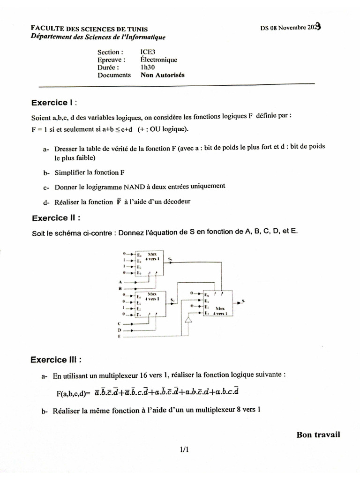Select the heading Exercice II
(56, 218)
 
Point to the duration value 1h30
(148, 67)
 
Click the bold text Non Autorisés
(163, 75)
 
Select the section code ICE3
(148, 52)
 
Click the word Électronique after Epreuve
(158, 60)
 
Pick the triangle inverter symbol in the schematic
(188, 320)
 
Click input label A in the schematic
(120, 282)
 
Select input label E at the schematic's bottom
(120, 337)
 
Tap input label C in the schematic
(120, 323)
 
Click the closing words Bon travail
(318, 435)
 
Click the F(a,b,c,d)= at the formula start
(72, 393)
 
